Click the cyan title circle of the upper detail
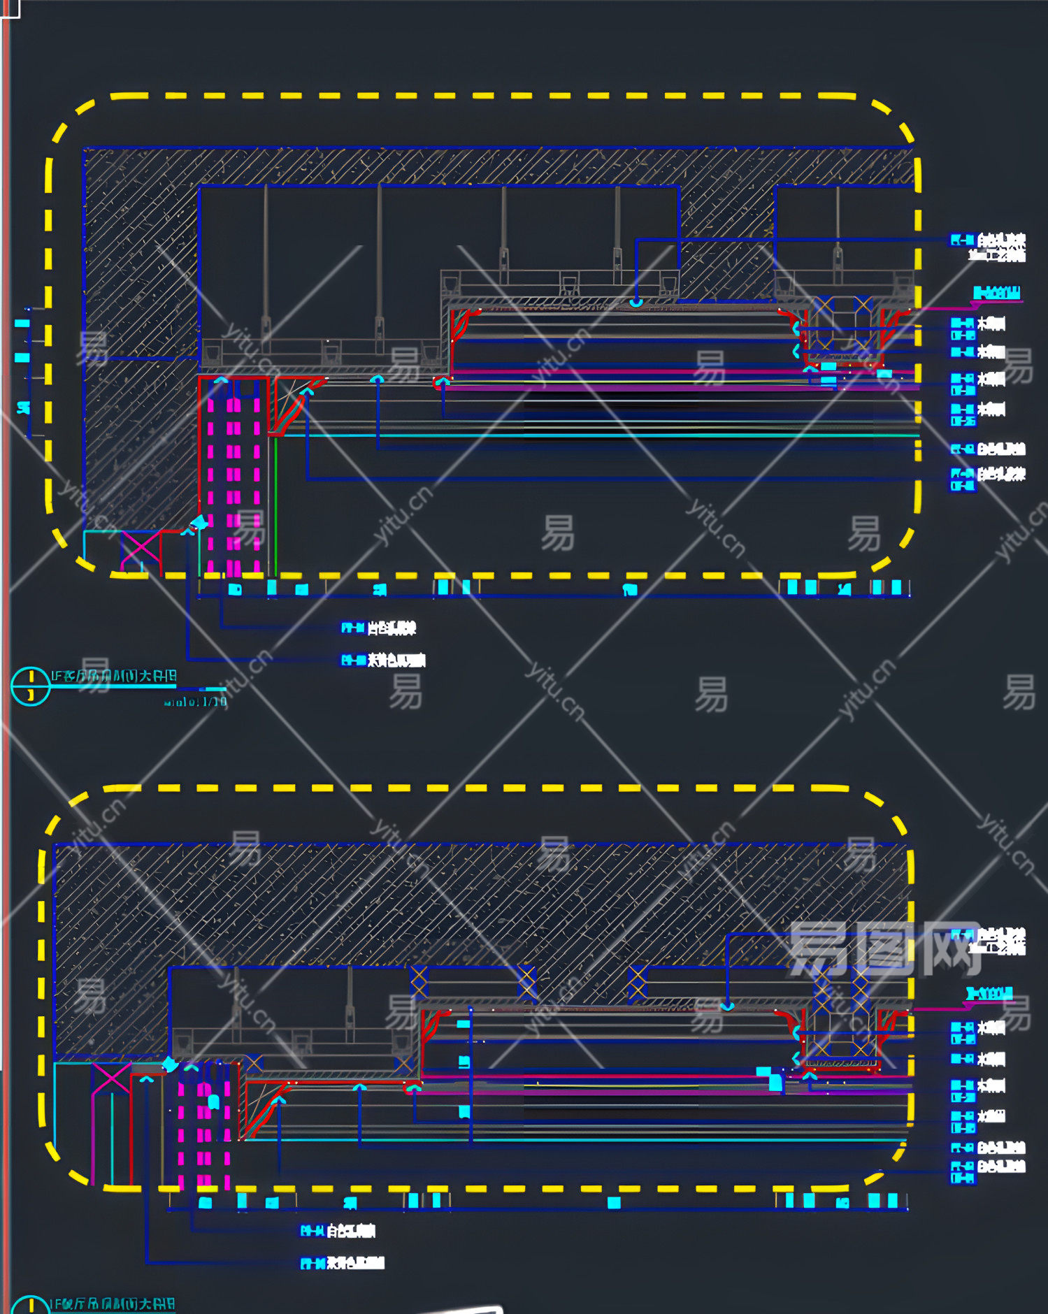[31, 686]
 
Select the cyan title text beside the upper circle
[113, 676]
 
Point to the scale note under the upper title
[196, 701]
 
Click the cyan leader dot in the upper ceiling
[636, 302]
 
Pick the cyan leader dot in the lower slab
[727, 1006]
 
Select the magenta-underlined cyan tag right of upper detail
[997, 293]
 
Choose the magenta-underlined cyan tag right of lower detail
[989, 993]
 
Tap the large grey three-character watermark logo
[884, 948]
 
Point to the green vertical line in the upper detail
[275, 503]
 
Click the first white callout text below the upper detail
[392, 628]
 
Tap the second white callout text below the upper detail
[396, 660]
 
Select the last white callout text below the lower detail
[356, 1263]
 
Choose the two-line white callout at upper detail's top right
[1000, 247]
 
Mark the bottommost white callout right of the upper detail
[1000, 475]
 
